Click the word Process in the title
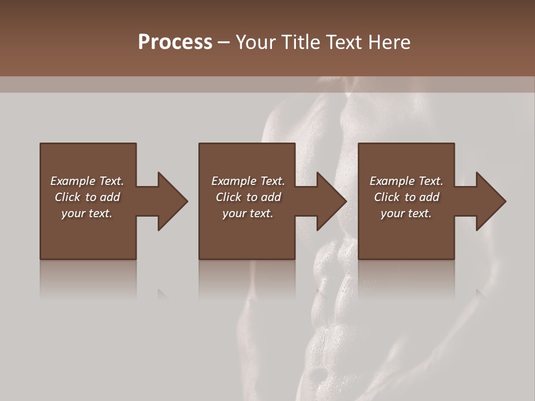click(175, 42)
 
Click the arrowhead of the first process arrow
click(172, 201)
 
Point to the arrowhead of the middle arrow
click(332, 201)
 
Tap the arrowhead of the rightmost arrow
click(490, 201)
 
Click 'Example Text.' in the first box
click(87, 181)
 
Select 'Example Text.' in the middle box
click(248, 181)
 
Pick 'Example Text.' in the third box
click(406, 181)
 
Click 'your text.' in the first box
click(87, 213)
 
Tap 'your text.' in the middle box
click(248, 213)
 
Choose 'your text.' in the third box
click(406, 213)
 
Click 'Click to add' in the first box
click(87, 197)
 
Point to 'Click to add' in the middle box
click(248, 197)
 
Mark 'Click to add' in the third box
click(406, 197)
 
